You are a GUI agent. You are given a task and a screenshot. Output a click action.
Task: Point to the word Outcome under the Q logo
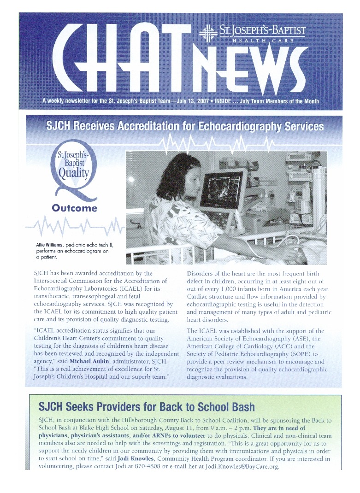tap(74, 208)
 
